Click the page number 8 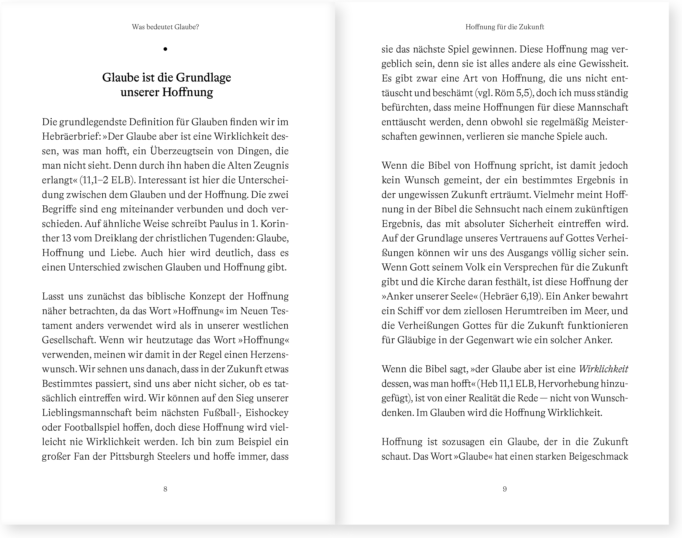coord(165,489)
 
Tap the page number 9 coord(505,489)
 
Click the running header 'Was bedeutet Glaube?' coord(165,27)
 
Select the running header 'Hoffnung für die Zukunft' coord(505,27)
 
